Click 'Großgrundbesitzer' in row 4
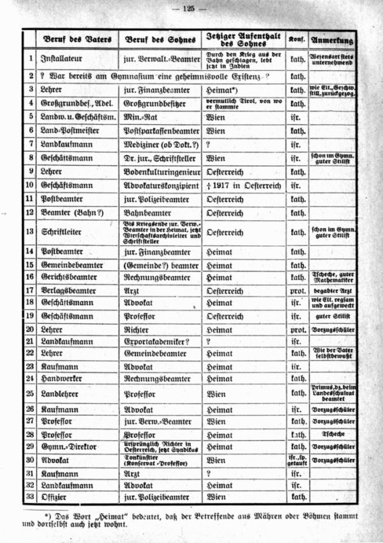pyautogui.click(x=151, y=103)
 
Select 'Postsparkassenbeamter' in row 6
pyautogui.click(x=156, y=131)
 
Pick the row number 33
pyautogui.click(x=29, y=495)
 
